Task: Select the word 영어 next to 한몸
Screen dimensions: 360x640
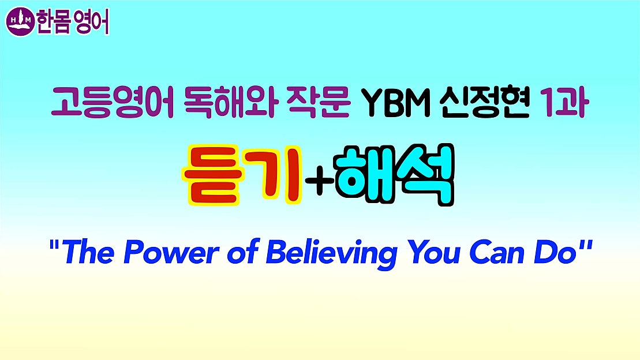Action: [x=92, y=22]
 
